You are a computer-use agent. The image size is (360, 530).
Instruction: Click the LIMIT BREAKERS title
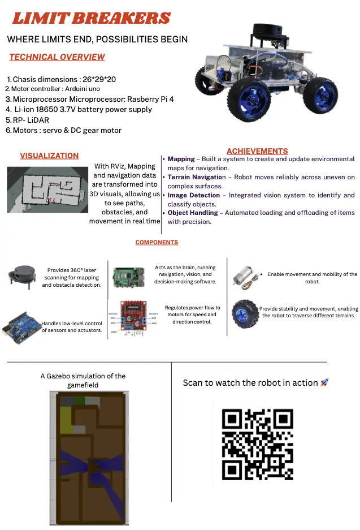[x=91, y=18]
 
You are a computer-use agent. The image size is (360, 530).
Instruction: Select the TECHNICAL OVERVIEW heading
[x=57, y=57]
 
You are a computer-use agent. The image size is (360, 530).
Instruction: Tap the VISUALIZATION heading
[x=49, y=156]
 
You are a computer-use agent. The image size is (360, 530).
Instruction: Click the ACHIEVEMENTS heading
[x=257, y=151]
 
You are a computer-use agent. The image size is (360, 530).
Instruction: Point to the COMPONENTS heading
[x=157, y=242]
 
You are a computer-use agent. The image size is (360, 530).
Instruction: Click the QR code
[x=257, y=444]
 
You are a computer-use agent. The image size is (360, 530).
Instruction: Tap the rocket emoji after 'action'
[x=324, y=382]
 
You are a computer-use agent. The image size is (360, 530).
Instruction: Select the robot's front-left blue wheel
[x=249, y=99]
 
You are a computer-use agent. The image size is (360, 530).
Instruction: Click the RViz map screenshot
[x=47, y=189]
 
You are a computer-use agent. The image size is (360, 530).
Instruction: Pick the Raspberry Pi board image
[x=129, y=277]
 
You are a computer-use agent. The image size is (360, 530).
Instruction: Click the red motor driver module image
[x=133, y=318]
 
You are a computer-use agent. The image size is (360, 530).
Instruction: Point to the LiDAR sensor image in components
[x=22, y=277]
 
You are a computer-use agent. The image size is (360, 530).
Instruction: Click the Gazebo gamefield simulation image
[x=89, y=458]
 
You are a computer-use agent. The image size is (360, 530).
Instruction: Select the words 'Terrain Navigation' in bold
[x=197, y=177]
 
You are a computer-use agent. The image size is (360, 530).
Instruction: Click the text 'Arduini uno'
[x=83, y=89]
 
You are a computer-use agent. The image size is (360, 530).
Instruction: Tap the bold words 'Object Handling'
[x=193, y=213]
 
